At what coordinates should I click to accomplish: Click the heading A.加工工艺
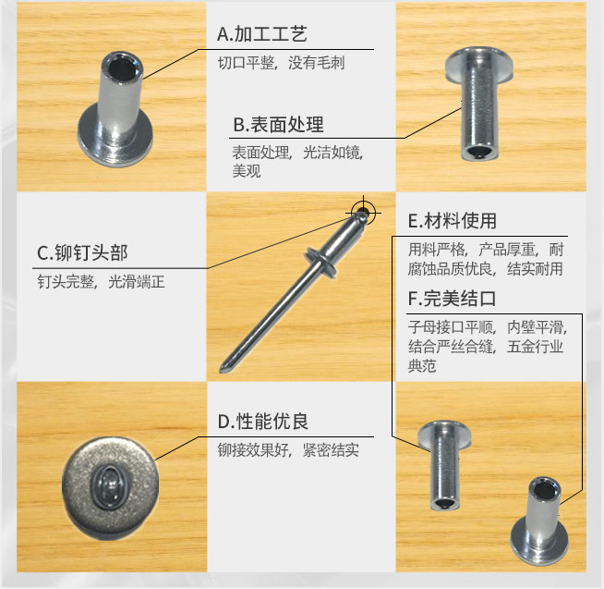click(x=262, y=34)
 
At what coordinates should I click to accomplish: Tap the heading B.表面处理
click(x=278, y=125)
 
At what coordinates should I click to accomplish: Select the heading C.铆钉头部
click(x=82, y=253)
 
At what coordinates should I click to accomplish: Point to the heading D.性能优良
click(x=262, y=422)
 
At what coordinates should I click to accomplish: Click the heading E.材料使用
click(x=453, y=221)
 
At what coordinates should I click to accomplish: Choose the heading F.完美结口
click(x=452, y=299)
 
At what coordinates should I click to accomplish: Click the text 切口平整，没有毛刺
click(x=281, y=63)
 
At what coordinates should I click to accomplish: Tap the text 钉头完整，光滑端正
click(x=101, y=282)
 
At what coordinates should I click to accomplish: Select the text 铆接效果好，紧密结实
click(x=288, y=450)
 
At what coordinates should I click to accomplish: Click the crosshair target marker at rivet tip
click(x=363, y=212)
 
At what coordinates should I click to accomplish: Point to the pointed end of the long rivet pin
click(x=222, y=369)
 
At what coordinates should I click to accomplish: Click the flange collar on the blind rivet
click(x=320, y=263)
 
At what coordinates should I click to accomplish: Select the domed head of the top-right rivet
click(x=479, y=65)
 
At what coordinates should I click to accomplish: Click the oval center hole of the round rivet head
click(x=111, y=486)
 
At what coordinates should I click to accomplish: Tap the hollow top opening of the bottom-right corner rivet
click(x=545, y=491)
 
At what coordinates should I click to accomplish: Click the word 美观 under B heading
click(x=247, y=171)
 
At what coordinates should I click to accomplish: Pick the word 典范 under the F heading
click(x=422, y=365)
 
